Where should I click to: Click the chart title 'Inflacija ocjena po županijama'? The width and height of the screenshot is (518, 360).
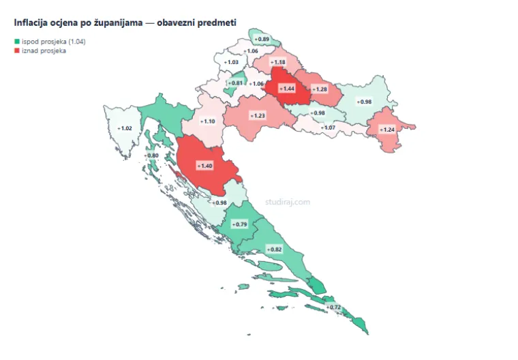[125, 22]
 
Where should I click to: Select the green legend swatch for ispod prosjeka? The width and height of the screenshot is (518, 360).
[17, 42]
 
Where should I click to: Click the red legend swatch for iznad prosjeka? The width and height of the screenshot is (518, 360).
[17, 50]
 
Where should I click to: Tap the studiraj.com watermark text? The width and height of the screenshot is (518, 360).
[288, 202]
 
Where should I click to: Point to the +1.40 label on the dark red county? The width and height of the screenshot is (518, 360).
[204, 166]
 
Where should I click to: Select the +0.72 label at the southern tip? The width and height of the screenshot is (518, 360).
[333, 307]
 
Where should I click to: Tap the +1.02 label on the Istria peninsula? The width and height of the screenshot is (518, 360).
[125, 128]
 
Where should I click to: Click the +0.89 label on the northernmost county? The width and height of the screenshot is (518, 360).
[263, 39]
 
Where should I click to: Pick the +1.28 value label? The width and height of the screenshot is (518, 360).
[319, 89]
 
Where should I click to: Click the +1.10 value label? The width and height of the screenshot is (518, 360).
[207, 121]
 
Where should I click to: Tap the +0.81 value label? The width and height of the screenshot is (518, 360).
[235, 82]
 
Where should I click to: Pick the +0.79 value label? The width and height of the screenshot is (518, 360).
[239, 224]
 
